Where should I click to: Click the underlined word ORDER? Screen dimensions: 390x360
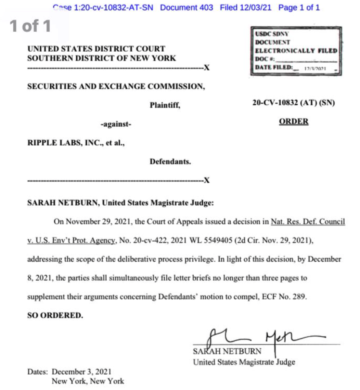294,122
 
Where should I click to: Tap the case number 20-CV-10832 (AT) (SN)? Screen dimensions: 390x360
293,103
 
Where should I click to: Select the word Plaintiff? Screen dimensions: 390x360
165,105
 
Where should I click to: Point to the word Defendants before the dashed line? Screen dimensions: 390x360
170,161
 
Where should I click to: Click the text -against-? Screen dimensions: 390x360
115,125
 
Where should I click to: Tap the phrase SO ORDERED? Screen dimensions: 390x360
55,315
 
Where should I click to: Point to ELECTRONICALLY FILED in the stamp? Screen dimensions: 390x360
296,51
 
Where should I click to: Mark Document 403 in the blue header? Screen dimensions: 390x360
187,8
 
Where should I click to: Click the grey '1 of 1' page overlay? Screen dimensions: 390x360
31,27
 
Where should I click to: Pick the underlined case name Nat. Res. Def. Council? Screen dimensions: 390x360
308,222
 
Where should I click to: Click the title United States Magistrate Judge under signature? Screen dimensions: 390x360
244,361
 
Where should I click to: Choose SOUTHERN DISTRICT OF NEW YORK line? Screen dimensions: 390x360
101,58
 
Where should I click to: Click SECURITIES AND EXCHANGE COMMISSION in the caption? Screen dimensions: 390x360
116,87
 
